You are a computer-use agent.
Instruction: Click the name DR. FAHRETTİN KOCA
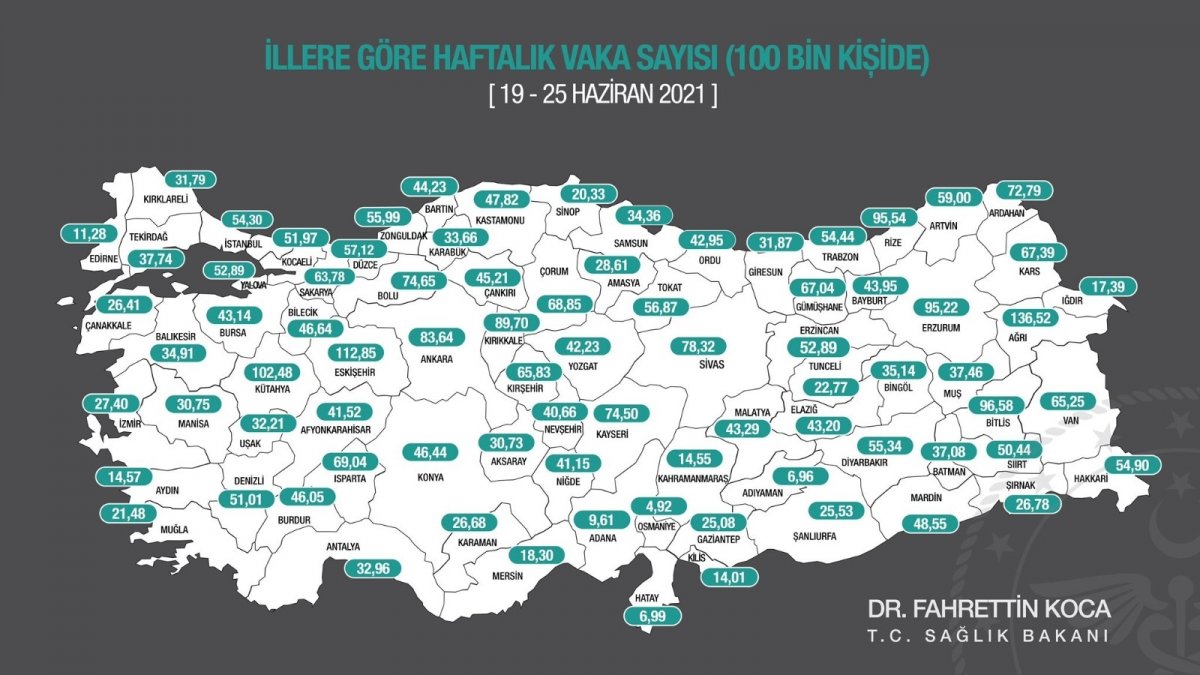point(988,610)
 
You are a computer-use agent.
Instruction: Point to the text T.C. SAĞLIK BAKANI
point(988,638)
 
